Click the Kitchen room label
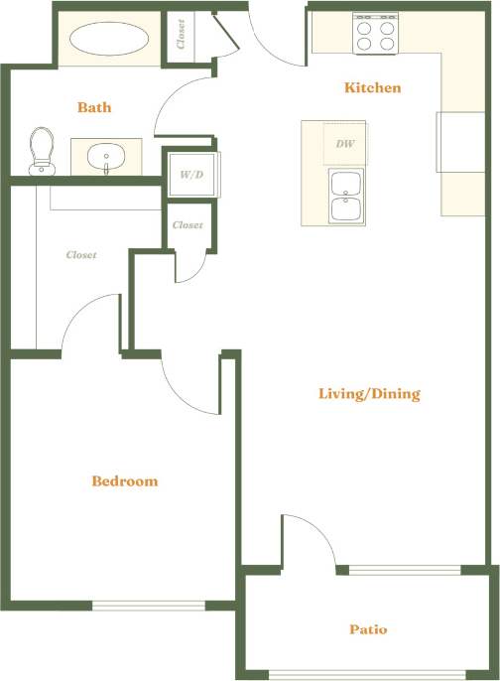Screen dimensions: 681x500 pos(372,88)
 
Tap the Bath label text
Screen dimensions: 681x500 pos(94,107)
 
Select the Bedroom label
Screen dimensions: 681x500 pos(125,481)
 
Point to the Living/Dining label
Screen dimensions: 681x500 pos(369,394)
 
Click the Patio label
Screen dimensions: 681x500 pos(367,629)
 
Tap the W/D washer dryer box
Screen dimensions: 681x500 pos(191,175)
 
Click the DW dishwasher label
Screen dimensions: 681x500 pos(345,144)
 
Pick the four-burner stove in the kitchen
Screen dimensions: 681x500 pos(377,35)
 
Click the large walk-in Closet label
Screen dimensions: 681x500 pos(81,255)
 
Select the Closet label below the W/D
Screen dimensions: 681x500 pos(187,225)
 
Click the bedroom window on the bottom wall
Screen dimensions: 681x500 pos(149,605)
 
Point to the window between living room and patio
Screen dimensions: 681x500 pos(405,570)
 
